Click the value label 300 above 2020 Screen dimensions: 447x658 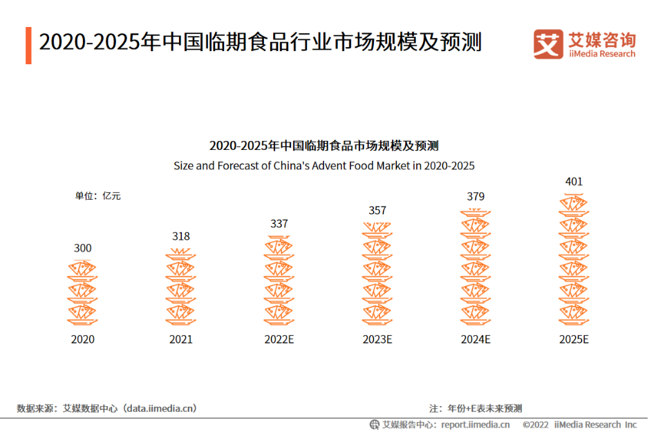click(x=82, y=248)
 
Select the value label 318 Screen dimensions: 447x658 click(x=180, y=236)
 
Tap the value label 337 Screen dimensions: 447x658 click(x=279, y=224)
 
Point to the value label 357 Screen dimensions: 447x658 click(x=377, y=211)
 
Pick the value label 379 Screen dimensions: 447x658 click(x=476, y=196)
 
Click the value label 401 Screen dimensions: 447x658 click(x=574, y=182)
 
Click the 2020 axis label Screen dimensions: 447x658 click(x=82, y=339)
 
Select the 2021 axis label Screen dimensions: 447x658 click(x=180, y=339)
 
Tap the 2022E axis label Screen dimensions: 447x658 click(x=279, y=339)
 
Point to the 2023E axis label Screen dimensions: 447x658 click(x=377, y=339)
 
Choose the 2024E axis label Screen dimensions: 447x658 click(x=476, y=339)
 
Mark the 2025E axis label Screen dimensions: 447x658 click(x=574, y=339)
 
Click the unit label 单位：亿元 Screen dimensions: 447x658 click(x=97, y=196)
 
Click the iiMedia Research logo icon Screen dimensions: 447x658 click(x=548, y=44)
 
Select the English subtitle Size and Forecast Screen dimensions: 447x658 click(x=324, y=166)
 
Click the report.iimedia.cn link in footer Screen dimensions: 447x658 click(x=476, y=424)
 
